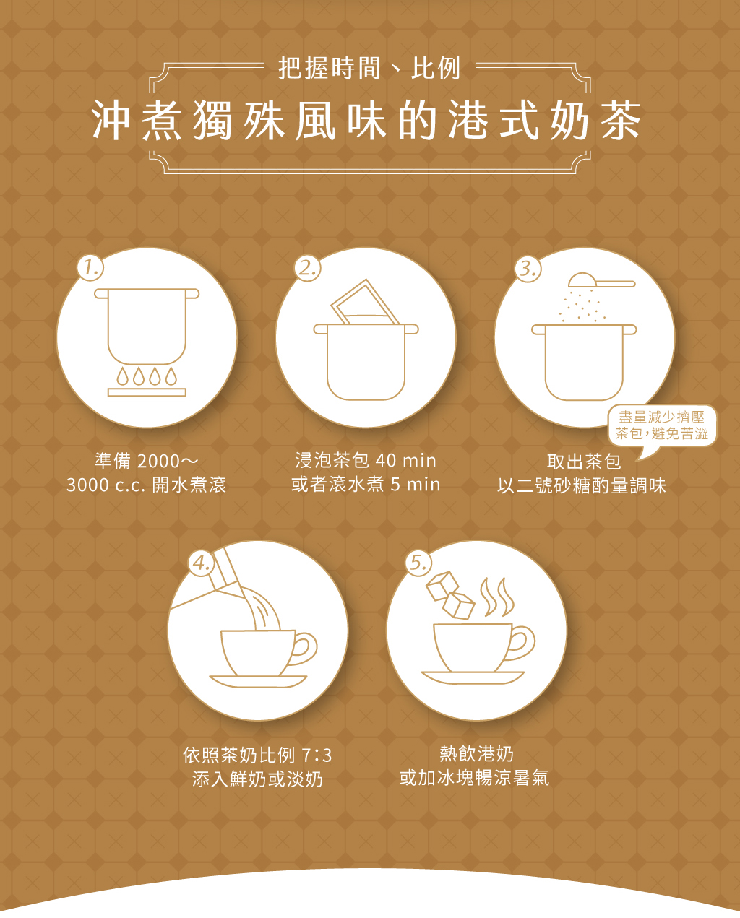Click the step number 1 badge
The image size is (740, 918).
coord(90,267)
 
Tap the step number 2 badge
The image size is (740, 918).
coord(308,268)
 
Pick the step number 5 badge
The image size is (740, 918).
coord(418,563)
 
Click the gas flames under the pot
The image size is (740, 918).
coord(147,376)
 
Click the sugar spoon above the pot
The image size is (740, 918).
coord(601,280)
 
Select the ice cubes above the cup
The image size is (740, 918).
coord(450,595)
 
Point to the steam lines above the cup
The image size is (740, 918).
coord(497,597)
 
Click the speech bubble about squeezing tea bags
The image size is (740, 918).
coord(662,428)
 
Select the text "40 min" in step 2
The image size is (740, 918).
coord(405,461)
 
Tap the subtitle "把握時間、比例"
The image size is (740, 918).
coord(369,68)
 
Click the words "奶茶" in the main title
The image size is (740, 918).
coord(595,121)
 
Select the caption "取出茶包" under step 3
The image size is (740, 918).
coord(584,462)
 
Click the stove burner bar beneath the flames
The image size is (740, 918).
coord(147,392)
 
